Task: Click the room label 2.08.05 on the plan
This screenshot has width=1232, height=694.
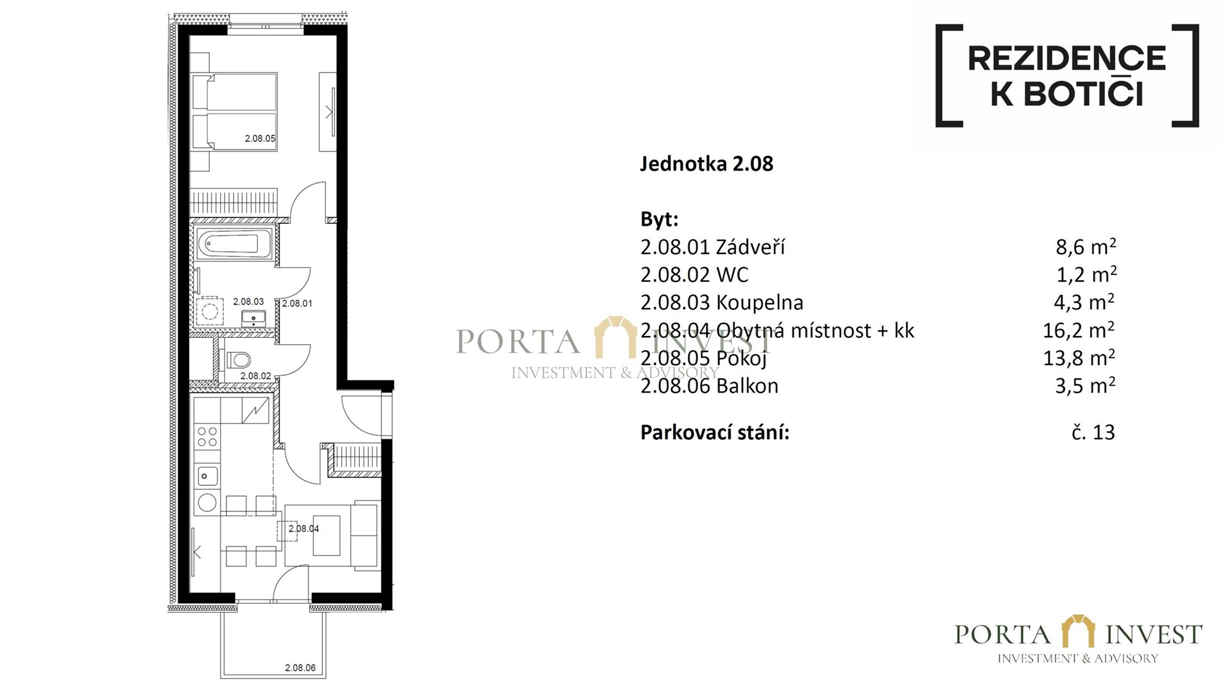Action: coord(260,139)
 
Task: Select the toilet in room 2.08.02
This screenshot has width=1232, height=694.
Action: coord(239,360)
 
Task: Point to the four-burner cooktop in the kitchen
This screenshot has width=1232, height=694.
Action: coord(207,437)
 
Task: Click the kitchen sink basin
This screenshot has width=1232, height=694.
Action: coord(207,476)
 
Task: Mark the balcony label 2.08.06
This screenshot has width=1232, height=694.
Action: coord(300,668)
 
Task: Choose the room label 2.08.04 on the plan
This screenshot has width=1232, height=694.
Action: coord(304,529)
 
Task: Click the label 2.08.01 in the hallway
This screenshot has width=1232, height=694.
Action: coord(297,303)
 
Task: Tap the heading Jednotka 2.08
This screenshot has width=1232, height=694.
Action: coord(706,164)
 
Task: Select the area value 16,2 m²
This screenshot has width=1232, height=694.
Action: coord(1079,330)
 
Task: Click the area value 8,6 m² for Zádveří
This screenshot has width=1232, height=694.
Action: coord(1086,246)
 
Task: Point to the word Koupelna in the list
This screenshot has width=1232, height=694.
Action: coord(760,302)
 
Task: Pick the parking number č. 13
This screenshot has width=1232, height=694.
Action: coord(1093,432)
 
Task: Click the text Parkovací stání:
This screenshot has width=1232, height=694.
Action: coord(715,432)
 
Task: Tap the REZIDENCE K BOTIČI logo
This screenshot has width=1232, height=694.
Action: coord(1066,76)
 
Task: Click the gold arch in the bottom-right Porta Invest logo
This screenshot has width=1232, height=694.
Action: coord(1078,631)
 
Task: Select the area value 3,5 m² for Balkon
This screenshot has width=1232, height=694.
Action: coord(1085,385)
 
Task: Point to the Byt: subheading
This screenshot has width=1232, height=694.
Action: coord(659,219)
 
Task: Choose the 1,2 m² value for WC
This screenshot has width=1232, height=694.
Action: coord(1086,275)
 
